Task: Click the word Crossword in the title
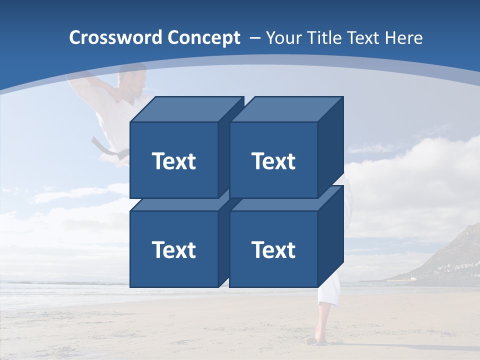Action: [115, 38]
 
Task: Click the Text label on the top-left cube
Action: [173, 161]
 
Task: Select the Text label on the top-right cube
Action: [273, 161]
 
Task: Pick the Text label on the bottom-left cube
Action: [173, 249]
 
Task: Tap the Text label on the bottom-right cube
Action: [273, 249]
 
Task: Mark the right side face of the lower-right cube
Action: [330, 235]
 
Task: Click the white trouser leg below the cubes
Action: [327, 294]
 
